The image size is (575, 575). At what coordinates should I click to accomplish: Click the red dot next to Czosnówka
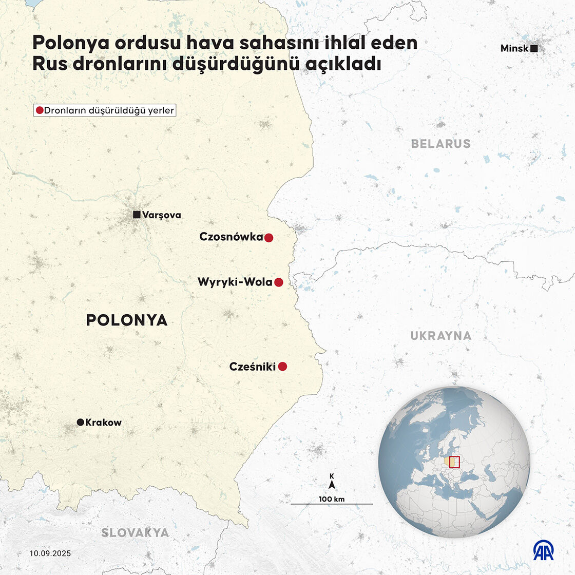click(x=269, y=238)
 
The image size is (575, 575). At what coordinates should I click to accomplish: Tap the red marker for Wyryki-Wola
click(x=279, y=282)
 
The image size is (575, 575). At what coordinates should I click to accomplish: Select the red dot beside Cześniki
click(x=282, y=367)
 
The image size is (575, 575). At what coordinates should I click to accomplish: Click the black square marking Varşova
click(x=137, y=215)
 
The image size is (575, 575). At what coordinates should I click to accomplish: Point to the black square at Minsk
click(x=534, y=48)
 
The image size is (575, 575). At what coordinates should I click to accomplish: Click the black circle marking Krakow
click(x=81, y=422)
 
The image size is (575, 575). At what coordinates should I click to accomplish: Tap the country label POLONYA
click(x=126, y=320)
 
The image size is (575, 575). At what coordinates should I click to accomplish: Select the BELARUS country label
click(x=440, y=144)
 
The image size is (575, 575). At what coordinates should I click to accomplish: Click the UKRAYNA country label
click(x=440, y=336)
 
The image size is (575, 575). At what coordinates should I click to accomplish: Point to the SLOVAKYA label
click(x=135, y=532)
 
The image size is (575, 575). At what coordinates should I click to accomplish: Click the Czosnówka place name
click(x=231, y=237)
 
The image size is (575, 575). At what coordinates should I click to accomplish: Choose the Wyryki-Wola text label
click(x=235, y=282)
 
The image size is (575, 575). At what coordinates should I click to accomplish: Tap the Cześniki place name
click(x=253, y=367)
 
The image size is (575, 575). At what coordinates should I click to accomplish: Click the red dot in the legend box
click(x=40, y=110)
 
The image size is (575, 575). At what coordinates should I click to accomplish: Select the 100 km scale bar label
click(x=332, y=500)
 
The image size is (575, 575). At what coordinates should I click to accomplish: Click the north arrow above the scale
click(x=332, y=484)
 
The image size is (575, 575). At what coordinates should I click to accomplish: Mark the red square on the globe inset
click(x=454, y=462)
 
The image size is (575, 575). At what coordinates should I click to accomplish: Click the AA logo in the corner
click(x=544, y=550)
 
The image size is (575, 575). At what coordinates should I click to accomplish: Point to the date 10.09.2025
click(x=50, y=553)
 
